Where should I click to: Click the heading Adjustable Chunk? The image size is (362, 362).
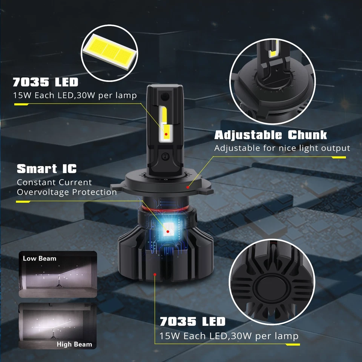[x=270, y=135]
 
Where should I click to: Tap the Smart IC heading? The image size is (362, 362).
[x=46, y=169]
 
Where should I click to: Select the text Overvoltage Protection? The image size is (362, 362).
[x=67, y=192]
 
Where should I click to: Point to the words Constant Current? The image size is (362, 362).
[x=54, y=183]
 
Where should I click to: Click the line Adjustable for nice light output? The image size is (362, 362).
[x=282, y=148]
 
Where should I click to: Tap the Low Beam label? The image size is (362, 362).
[x=40, y=259]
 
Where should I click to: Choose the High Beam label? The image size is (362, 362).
[x=74, y=344]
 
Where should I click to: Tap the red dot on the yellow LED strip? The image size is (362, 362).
[x=166, y=134]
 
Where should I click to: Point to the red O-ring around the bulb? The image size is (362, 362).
[x=166, y=208]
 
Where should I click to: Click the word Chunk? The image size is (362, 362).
[x=308, y=135]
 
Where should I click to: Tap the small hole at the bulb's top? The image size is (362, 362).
[x=163, y=97]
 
